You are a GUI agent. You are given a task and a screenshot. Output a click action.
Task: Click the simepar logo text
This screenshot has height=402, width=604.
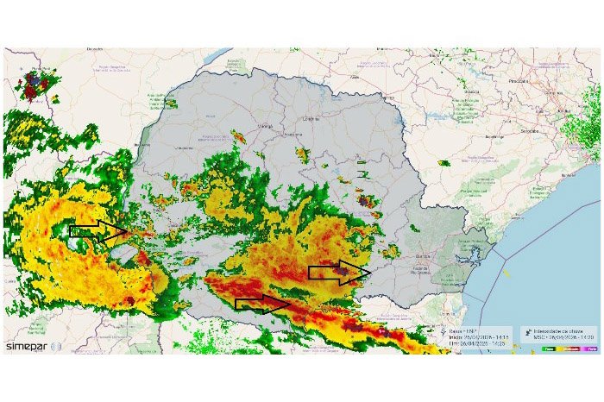pyautogui.click(x=27, y=346)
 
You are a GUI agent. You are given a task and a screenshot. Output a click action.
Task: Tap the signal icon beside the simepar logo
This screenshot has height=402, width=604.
pyautogui.click(x=56, y=346)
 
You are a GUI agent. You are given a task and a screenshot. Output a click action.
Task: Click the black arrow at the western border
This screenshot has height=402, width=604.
pyautogui.click(x=98, y=230)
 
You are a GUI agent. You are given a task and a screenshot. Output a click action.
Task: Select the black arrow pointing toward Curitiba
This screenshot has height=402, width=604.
pyautogui.click(x=340, y=273)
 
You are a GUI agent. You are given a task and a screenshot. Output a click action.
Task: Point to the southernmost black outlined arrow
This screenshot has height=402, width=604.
pyautogui.click(x=263, y=303)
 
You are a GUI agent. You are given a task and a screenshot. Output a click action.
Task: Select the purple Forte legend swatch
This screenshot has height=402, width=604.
pyautogui.click(x=590, y=348)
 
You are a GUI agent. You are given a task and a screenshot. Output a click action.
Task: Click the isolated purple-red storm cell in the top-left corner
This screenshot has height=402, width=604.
pyautogui.click(x=36, y=85)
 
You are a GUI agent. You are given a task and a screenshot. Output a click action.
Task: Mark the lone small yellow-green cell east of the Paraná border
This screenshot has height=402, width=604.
pyautogui.click(x=444, y=163)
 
